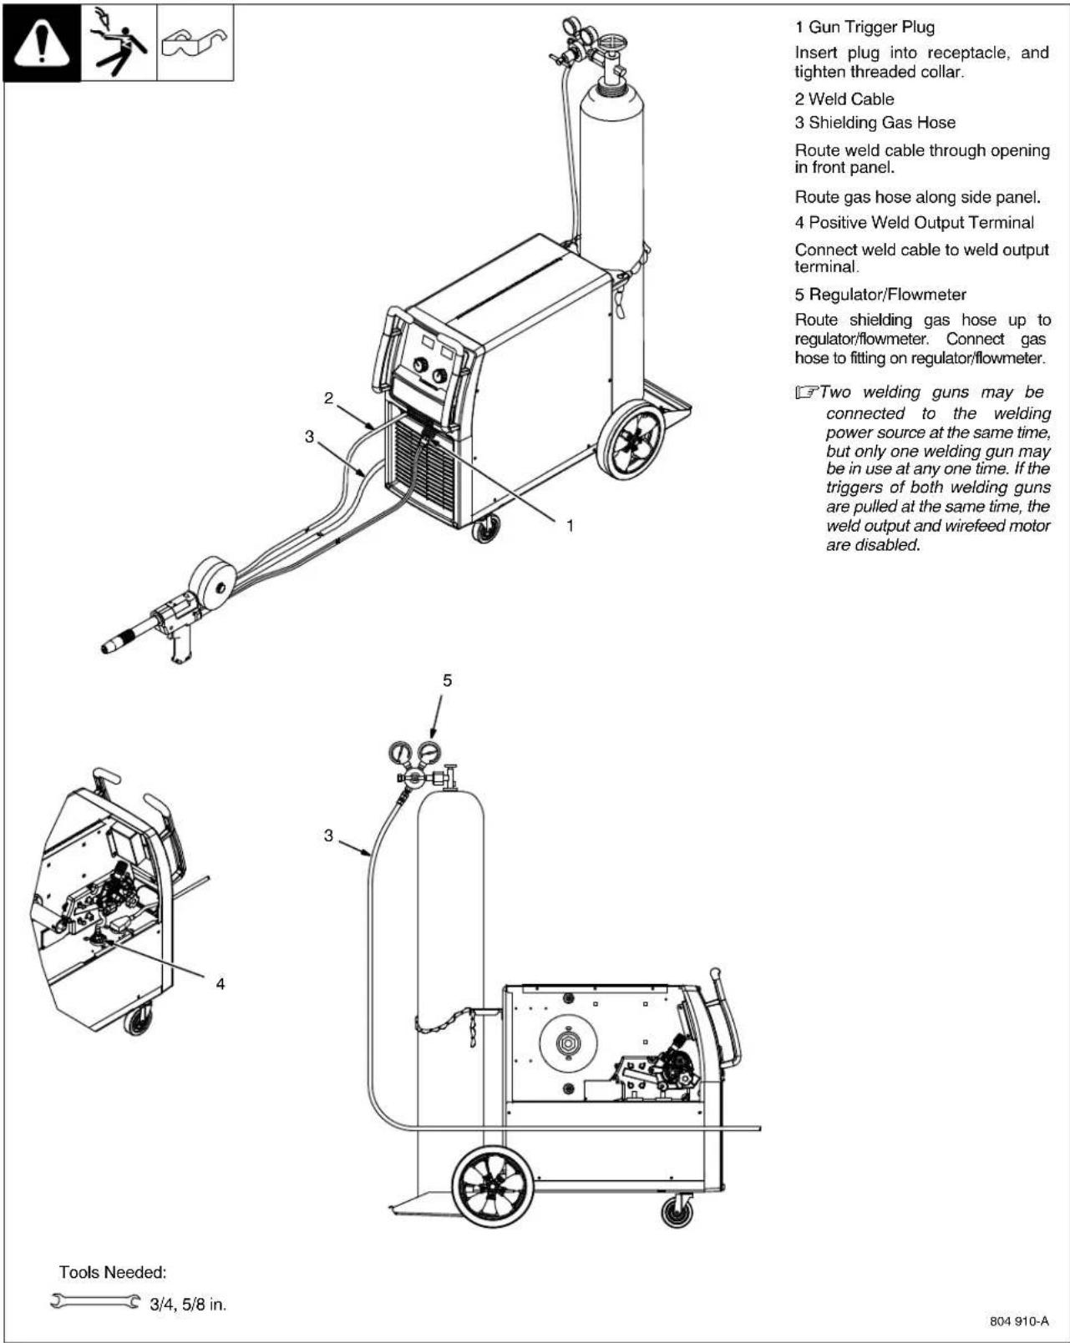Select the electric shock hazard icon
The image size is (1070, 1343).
[119, 42]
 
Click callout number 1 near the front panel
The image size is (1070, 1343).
[570, 525]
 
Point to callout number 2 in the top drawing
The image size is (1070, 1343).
[329, 398]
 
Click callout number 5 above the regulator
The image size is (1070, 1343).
[447, 680]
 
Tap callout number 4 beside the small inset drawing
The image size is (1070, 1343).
[221, 984]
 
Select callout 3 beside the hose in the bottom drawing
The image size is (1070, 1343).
[329, 835]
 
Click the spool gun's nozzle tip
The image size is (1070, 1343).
[109, 647]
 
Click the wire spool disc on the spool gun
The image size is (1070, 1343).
[214, 586]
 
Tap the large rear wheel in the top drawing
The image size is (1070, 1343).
[633, 439]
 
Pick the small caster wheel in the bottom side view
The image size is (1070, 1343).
[677, 1209]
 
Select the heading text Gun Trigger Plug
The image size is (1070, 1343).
[871, 28]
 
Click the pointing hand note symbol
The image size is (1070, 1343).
[806, 392]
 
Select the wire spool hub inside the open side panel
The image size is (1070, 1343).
[569, 1043]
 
